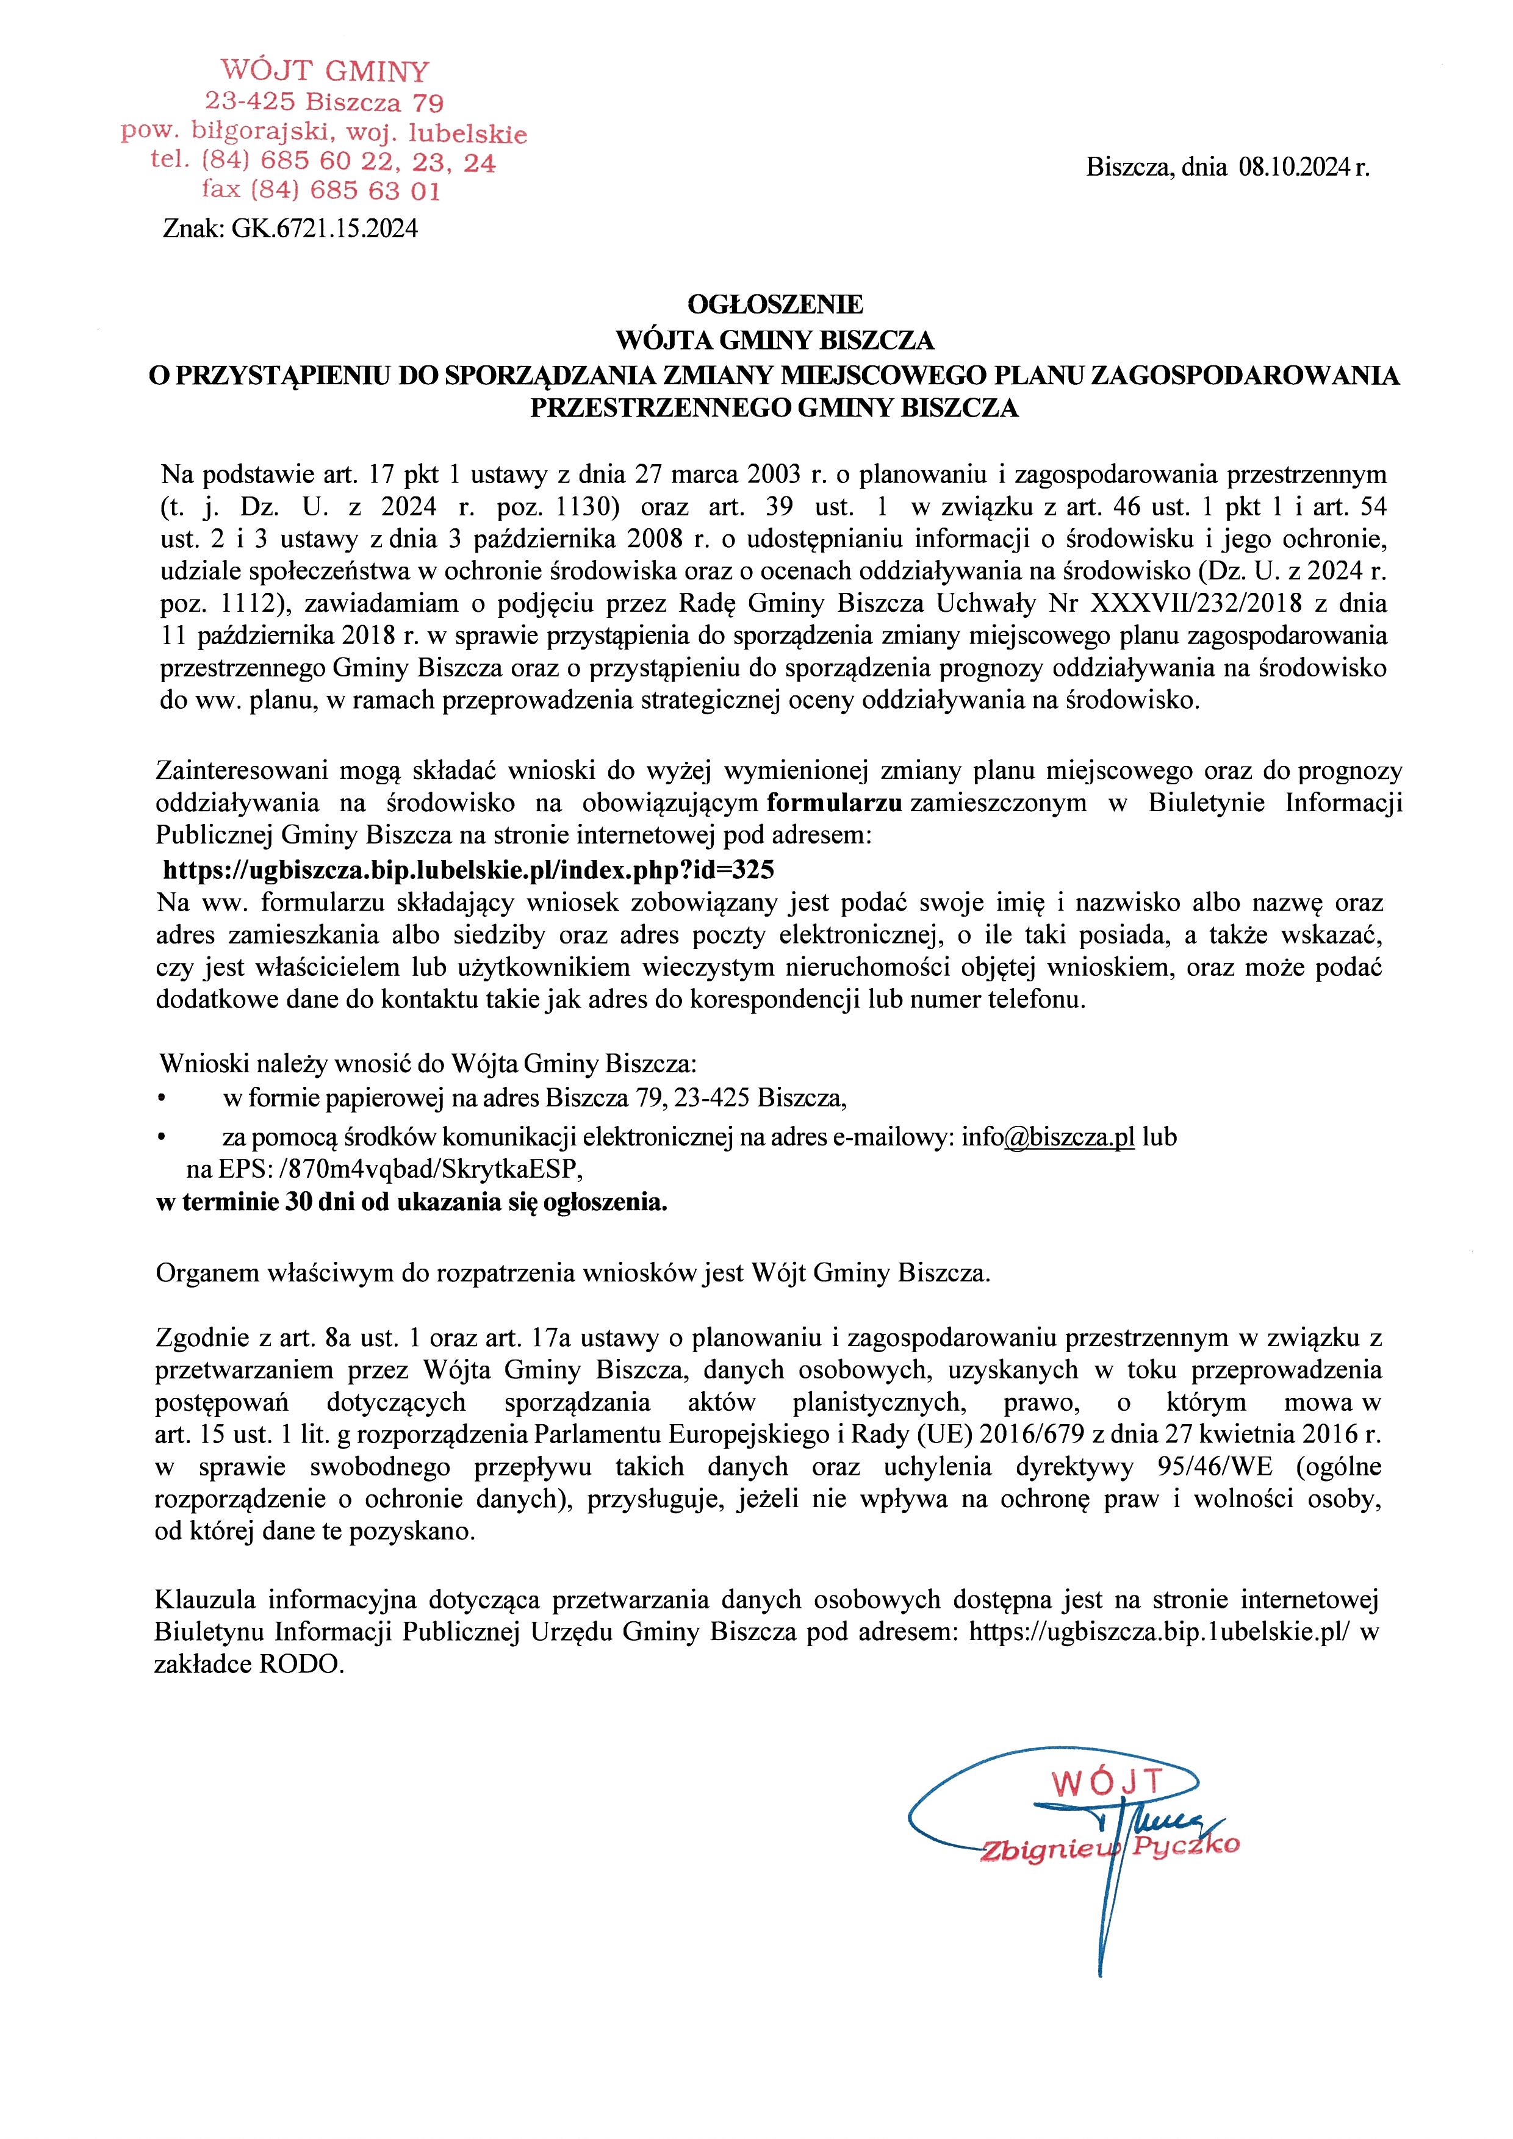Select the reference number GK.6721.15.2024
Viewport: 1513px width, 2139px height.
point(324,228)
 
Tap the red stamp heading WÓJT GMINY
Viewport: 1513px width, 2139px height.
point(324,71)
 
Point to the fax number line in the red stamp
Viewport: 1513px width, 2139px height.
point(322,191)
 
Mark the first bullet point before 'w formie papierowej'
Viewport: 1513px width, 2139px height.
point(162,1098)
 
